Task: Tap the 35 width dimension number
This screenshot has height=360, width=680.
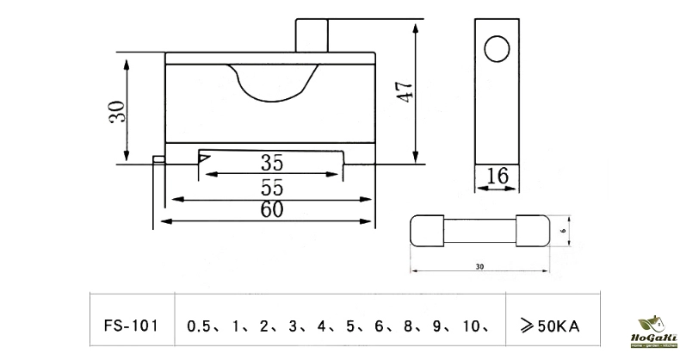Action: click(271, 163)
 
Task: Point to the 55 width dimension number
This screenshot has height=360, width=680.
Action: click(271, 188)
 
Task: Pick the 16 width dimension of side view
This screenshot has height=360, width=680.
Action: click(498, 177)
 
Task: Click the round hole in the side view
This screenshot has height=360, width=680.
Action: click(497, 49)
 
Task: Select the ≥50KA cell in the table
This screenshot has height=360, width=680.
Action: click(547, 326)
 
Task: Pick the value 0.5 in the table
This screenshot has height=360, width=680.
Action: click(199, 326)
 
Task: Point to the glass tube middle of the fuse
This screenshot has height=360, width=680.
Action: click(479, 231)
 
